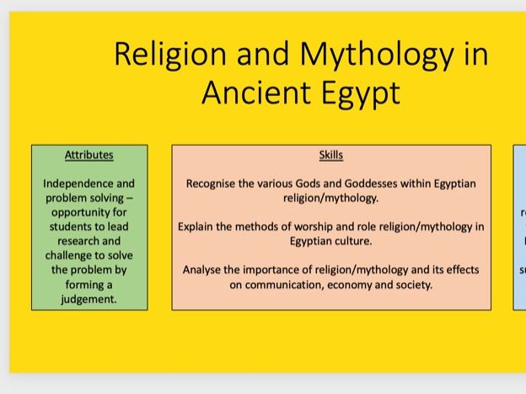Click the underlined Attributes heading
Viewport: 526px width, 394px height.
click(x=89, y=155)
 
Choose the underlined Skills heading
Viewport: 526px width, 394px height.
click(x=331, y=155)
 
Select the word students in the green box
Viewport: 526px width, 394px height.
click(x=72, y=227)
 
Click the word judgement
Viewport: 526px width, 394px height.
click(x=89, y=299)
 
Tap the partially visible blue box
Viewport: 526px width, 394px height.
click(x=520, y=227)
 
